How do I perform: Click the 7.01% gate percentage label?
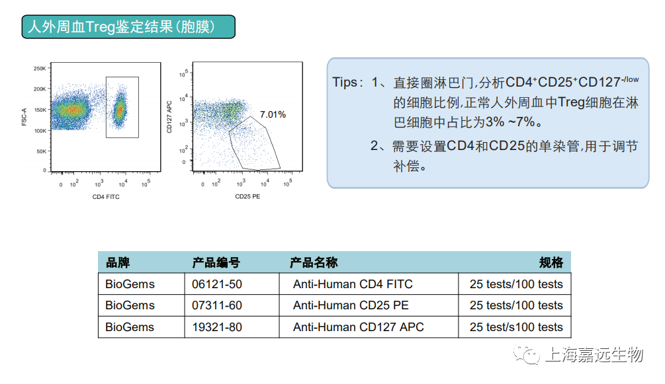tap(273, 114)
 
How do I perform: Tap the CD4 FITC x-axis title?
tap(106, 197)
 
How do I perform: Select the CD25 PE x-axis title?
tap(247, 196)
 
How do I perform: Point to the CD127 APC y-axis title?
tap(169, 117)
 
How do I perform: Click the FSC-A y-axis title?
tap(24, 116)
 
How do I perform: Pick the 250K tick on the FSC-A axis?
tap(40, 68)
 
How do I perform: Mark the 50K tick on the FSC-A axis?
tap(41, 151)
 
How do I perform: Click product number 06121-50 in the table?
tap(217, 284)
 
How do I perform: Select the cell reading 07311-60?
tap(217, 305)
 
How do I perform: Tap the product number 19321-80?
tap(217, 327)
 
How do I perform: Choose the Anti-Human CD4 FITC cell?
tap(353, 284)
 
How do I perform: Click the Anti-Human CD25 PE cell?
tap(351, 305)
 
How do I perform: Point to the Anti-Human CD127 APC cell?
tap(359, 327)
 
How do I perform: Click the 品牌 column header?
tap(118, 263)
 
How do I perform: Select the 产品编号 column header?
tap(216, 263)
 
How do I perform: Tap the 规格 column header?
tap(551, 263)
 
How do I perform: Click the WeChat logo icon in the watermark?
tap(526, 354)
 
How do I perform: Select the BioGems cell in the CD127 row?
tap(130, 327)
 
